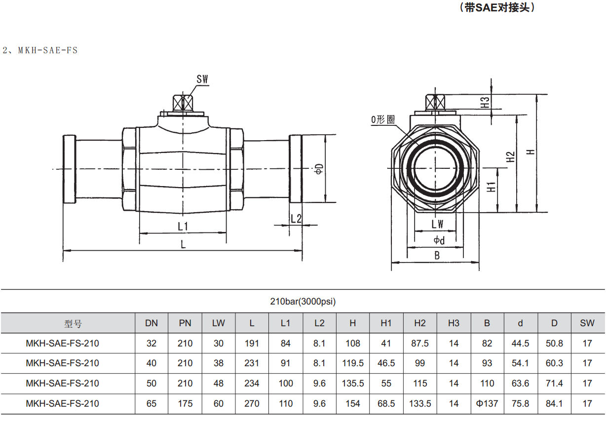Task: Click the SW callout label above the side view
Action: click(202, 79)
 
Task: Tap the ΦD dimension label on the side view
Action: click(319, 169)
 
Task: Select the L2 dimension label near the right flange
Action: click(296, 218)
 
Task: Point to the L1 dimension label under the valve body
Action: click(183, 226)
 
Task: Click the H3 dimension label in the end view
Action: click(486, 103)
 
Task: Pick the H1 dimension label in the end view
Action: click(491, 188)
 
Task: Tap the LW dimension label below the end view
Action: click(437, 224)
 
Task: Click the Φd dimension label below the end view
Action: click(439, 240)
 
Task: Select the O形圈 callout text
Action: click(383, 119)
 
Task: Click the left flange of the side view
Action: click(69, 169)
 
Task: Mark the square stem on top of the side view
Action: click(182, 103)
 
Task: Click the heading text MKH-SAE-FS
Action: click(47, 50)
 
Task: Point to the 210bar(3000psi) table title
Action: click(303, 302)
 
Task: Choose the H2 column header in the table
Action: click(420, 323)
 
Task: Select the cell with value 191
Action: click(252, 343)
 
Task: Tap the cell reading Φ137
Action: click(487, 403)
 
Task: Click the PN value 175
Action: click(185, 403)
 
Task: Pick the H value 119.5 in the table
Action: click(353, 363)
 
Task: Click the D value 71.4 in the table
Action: click(554, 383)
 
